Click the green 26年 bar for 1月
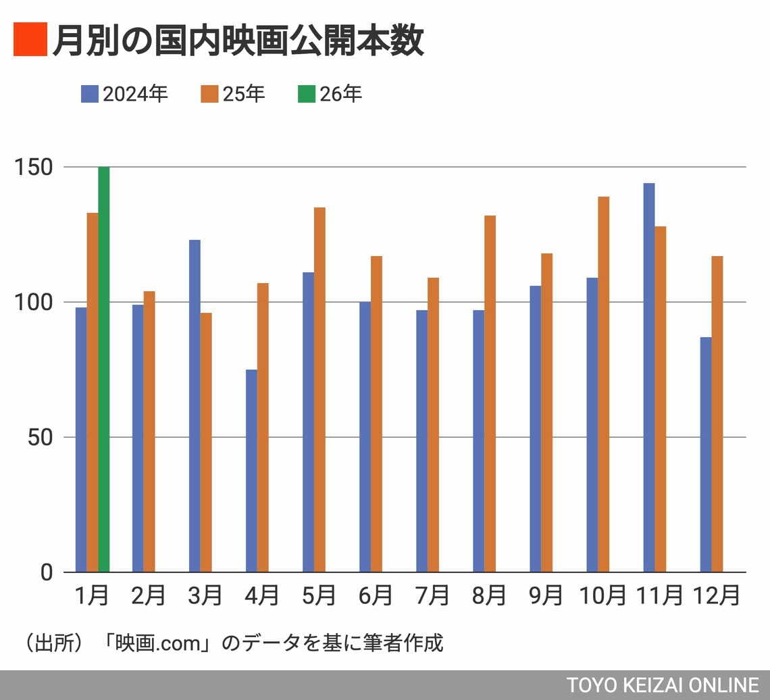click(104, 369)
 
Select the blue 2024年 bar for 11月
click(648, 378)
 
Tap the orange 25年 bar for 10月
click(603, 384)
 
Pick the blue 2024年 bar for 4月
click(251, 471)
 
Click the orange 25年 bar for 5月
click(319, 390)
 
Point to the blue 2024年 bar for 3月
click(195, 406)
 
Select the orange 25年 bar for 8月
click(490, 394)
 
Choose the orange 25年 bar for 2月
click(149, 432)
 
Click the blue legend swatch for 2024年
click(90, 94)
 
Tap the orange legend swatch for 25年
click(210, 94)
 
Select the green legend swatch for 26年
click(307, 94)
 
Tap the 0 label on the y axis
click(47, 572)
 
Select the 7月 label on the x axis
click(433, 595)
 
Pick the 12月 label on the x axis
click(716, 595)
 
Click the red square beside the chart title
click(30, 39)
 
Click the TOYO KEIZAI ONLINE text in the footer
click(662, 684)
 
